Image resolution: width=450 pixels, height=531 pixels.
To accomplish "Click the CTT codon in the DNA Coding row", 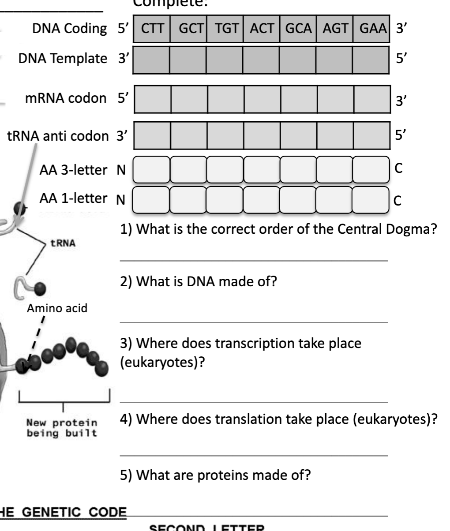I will coord(151,29).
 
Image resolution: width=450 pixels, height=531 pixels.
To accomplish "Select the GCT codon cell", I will coord(188,29).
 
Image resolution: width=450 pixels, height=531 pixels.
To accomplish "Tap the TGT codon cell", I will coord(225,29).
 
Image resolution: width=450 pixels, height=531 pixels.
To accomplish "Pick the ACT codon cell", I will coord(261,29).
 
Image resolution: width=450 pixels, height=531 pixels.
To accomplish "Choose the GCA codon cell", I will coord(298,29).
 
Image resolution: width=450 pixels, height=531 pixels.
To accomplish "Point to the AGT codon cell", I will coord(334,29).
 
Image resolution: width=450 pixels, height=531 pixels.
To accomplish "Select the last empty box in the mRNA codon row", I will coord(372,99).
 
